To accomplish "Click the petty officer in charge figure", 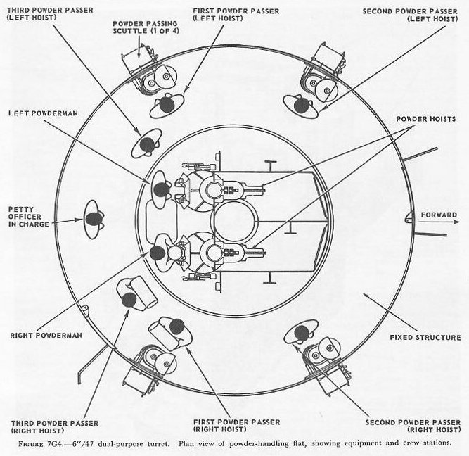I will click(x=93, y=220).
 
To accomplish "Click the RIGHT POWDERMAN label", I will click(x=46, y=335).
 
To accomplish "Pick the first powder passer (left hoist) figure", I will click(x=167, y=105).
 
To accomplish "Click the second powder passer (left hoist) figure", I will click(x=302, y=106).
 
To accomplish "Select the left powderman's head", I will click(x=161, y=189).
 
